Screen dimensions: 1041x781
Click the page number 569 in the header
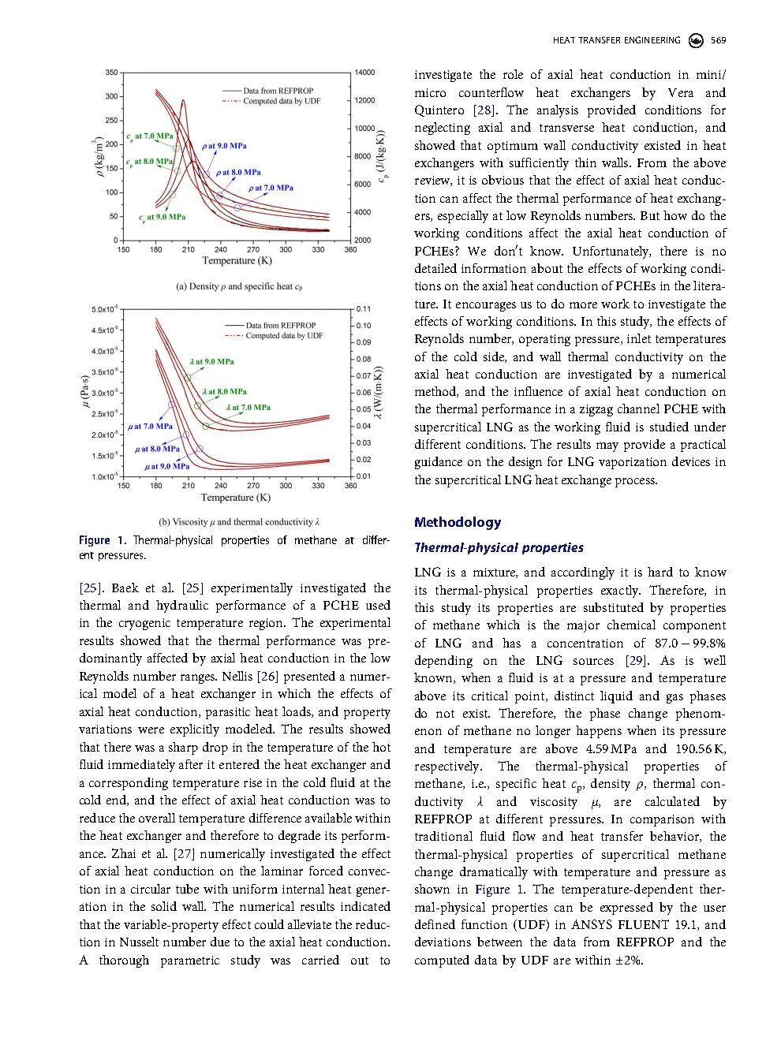[718, 40]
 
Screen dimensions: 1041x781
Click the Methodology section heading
[458, 522]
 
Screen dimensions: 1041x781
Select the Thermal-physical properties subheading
[499, 547]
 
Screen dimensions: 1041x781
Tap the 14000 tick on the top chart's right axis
[364, 73]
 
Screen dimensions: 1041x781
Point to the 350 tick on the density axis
[110, 73]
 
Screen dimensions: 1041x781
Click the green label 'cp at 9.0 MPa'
[162, 217]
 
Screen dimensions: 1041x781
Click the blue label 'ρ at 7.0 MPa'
[271, 188]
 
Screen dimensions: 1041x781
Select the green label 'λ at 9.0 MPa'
[211, 362]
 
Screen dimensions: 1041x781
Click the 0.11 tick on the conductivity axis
[363, 309]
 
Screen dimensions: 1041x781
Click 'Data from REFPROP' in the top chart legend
[278, 91]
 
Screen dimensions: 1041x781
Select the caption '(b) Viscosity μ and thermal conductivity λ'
[238, 522]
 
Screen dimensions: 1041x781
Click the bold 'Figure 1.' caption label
[102, 540]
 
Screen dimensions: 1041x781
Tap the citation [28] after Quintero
[484, 110]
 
